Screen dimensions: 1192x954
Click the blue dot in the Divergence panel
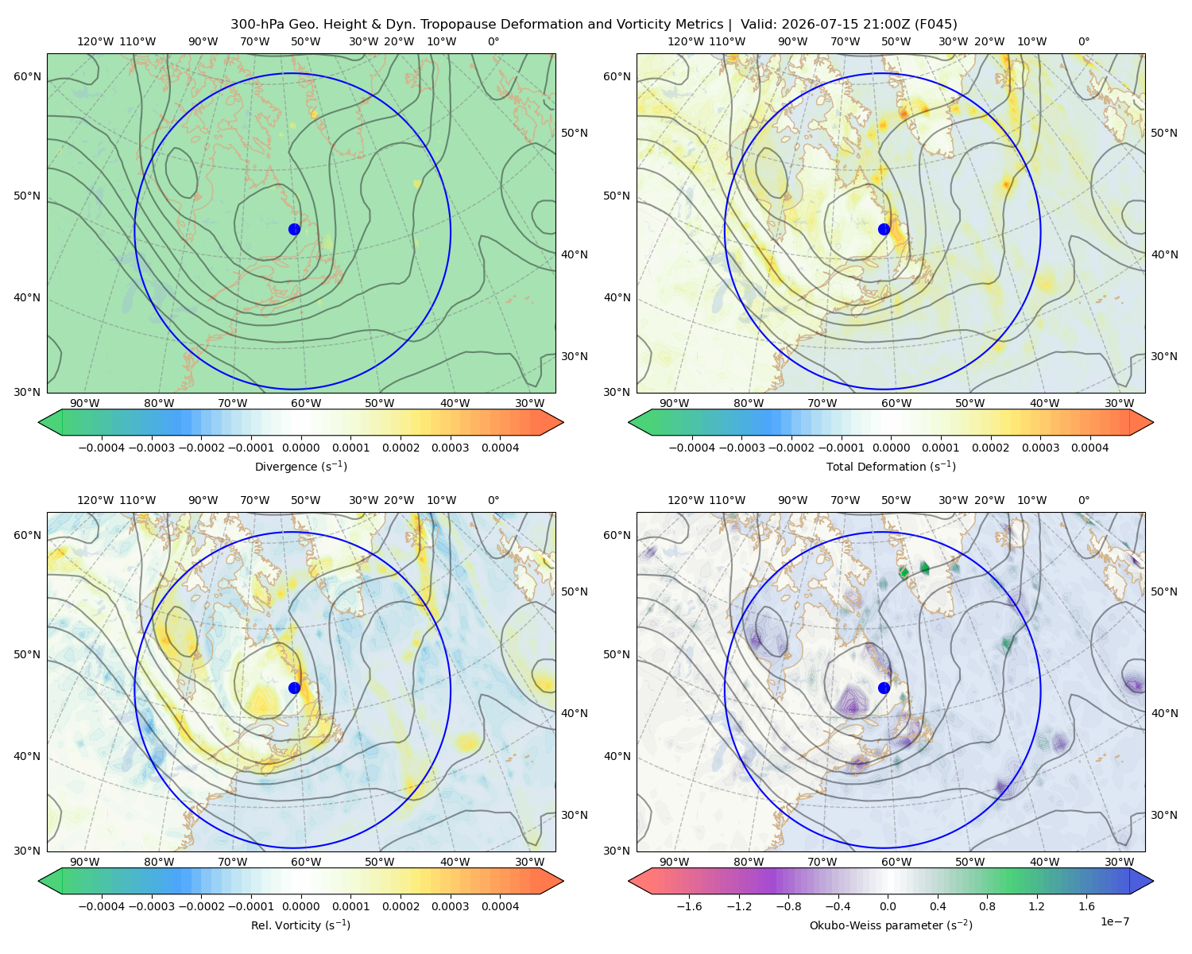[294, 229]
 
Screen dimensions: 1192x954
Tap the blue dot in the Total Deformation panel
[884, 229]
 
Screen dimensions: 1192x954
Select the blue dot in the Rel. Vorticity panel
[294, 688]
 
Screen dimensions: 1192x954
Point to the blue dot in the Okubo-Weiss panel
[884, 688]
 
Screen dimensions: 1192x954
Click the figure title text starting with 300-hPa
[594, 25]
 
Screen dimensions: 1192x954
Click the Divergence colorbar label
[300, 466]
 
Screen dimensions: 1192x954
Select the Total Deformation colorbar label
[891, 466]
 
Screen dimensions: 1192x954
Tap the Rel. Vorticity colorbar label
[300, 925]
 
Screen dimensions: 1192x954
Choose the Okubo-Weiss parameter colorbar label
[891, 925]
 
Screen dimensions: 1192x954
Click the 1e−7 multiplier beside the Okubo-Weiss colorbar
[1114, 921]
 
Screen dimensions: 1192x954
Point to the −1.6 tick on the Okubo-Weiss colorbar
[689, 906]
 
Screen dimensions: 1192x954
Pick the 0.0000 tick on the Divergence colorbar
[300, 448]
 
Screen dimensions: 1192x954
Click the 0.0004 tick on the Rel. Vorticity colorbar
[500, 906]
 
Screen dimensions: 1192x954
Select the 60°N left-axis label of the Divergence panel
[27, 76]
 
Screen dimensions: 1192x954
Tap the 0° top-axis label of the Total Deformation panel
[1083, 41]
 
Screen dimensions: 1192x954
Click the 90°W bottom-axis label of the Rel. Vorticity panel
[85, 862]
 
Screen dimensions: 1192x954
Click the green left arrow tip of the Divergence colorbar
[39, 422]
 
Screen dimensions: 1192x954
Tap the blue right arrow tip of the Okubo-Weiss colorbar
[1153, 881]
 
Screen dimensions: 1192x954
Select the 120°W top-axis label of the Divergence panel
[95, 41]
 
